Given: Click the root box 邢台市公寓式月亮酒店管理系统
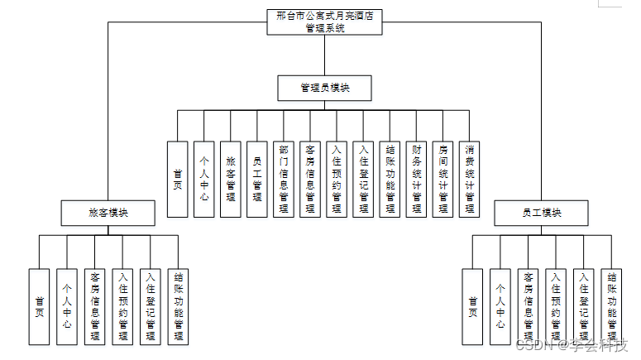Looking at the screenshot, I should click(325, 22).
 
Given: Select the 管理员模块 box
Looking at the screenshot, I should click(324, 88).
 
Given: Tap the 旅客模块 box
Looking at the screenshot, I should click(108, 213).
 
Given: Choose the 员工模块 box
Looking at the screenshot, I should click(542, 213).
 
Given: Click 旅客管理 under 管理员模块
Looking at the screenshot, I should click(231, 179).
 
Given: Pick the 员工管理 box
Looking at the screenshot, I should click(257, 179).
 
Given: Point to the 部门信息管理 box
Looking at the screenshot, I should click(284, 179).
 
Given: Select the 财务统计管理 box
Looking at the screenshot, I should click(417, 179).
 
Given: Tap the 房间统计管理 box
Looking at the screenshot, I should click(443, 179).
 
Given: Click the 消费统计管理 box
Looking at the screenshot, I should click(470, 179).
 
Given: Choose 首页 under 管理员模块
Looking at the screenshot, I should click(178, 179).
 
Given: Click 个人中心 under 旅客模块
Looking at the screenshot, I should click(67, 306).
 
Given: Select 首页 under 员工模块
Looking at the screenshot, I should click(472, 306).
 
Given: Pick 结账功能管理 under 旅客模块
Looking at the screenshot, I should click(178, 306).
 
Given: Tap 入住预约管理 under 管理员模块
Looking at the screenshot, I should click(337, 179).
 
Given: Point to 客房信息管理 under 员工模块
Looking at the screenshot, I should click(528, 306).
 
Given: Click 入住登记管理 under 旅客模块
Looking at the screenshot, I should click(151, 306).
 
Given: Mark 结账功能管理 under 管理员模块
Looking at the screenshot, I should click(390, 179).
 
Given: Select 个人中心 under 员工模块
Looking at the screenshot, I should click(500, 306).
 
